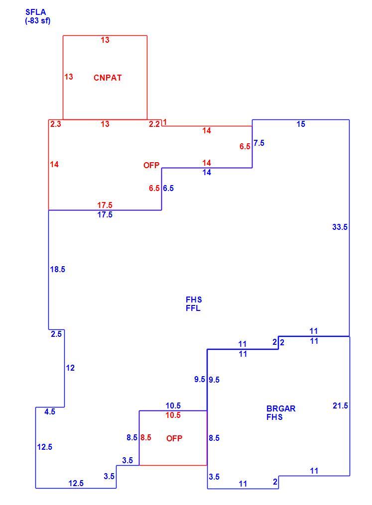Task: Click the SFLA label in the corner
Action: [x=35, y=12]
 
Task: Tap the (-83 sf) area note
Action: [x=38, y=21]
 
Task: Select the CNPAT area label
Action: [x=108, y=78]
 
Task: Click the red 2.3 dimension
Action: [x=55, y=124]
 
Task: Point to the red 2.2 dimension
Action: [x=154, y=124]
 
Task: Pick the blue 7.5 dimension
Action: [x=259, y=143]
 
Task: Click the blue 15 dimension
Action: [x=301, y=124]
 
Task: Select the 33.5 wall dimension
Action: [x=340, y=227]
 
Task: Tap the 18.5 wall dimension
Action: [x=57, y=269]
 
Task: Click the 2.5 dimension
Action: [x=56, y=334]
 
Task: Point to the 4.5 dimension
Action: [x=50, y=411]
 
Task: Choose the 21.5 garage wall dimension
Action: [x=340, y=405]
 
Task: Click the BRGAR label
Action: [x=281, y=408]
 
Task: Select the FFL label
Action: [x=193, y=308]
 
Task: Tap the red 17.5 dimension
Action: [x=105, y=205]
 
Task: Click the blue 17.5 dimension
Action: [x=105, y=214]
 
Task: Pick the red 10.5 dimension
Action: [x=173, y=415]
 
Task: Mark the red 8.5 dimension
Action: [x=146, y=437]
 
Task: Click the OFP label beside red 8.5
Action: [x=174, y=438]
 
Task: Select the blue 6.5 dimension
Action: [x=168, y=188]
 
